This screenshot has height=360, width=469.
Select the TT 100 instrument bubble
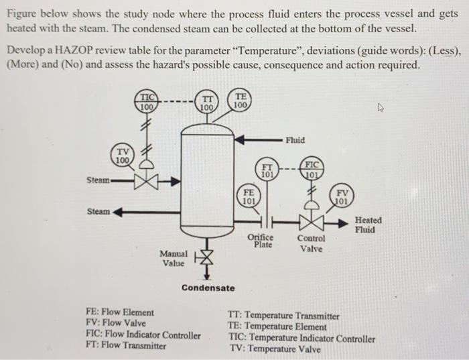coord(207,101)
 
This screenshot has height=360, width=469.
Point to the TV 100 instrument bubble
coord(121,156)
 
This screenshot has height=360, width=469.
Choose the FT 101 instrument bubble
coord(267,170)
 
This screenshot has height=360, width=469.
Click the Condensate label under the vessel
coord(208,288)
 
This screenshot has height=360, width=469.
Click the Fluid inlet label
coord(295,140)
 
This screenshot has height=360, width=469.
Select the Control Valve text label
coord(312,243)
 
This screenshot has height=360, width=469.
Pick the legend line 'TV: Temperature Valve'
coord(275,349)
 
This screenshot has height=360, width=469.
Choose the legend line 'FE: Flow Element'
coord(120,312)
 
